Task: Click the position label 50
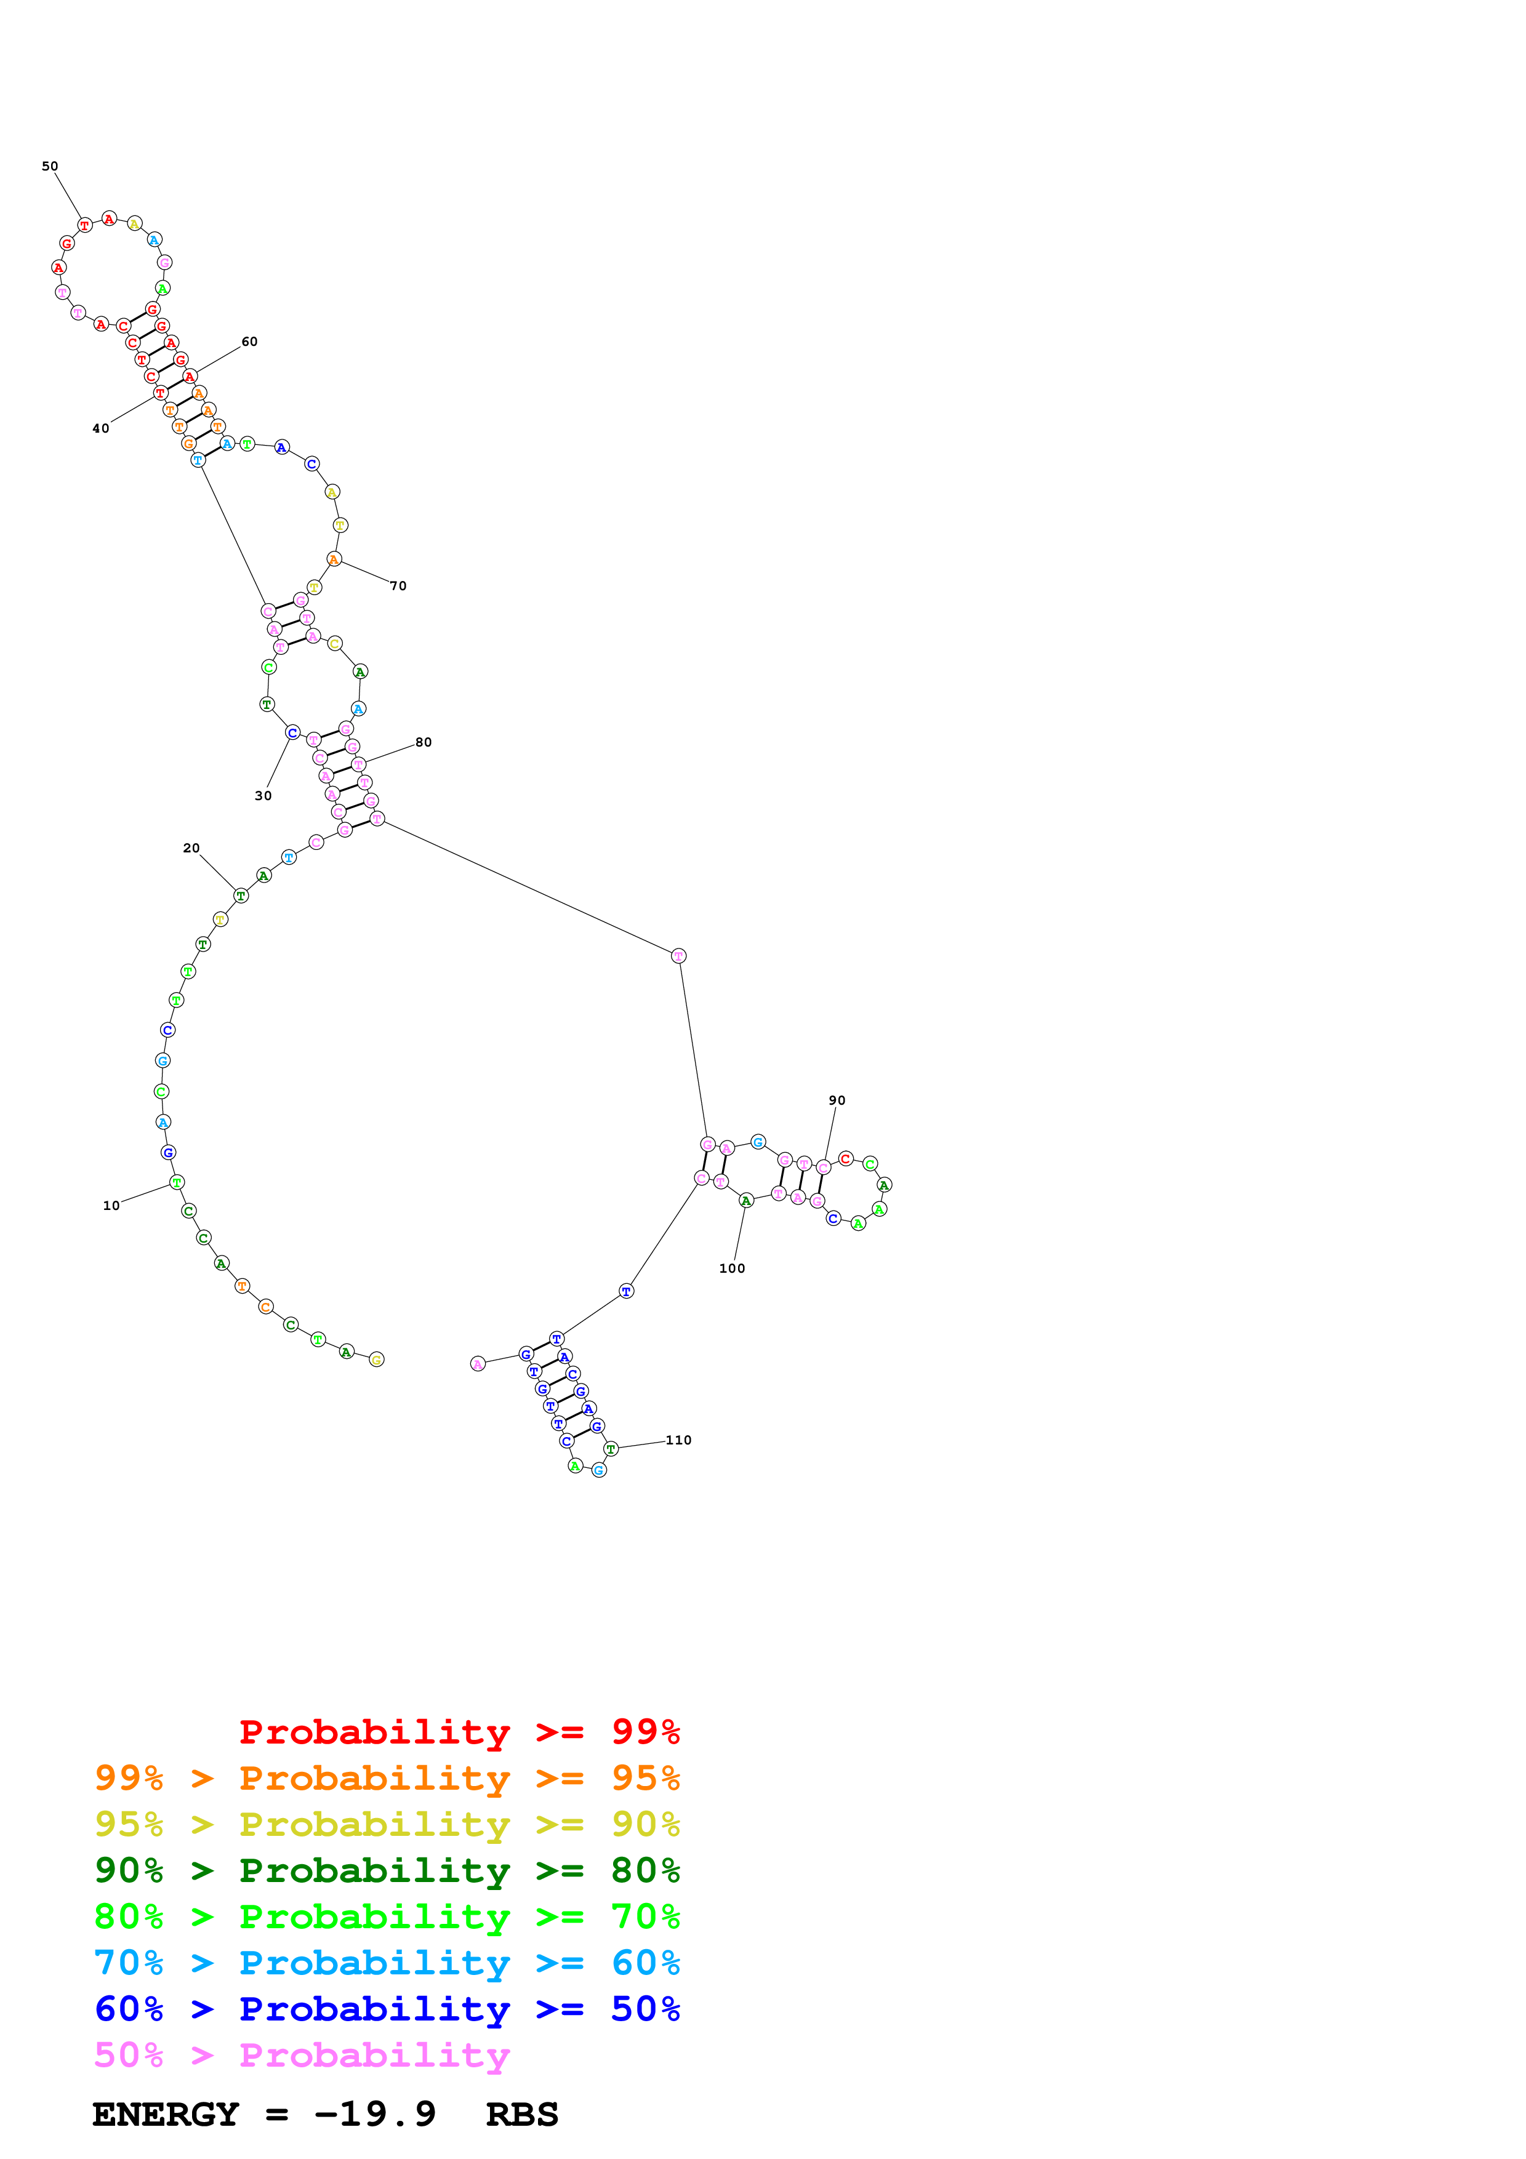(x=50, y=166)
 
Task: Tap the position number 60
(x=249, y=342)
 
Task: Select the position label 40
(x=100, y=429)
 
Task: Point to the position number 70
(x=399, y=586)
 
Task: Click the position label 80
(x=424, y=742)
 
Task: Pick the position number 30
(x=263, y=796)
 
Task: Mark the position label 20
(x=191, y=848)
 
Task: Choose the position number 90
(x=837, y=1100)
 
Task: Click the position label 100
(x=731, y=1268)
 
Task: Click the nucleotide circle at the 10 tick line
(x=177, y=1182)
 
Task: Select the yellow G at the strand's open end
(x=377, y=1359)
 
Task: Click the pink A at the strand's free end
(x=478, y=1363)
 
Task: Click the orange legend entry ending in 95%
(x=387, y=1778)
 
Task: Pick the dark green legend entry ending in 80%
(x=387, y=1870)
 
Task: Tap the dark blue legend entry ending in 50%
(x=387, y=2009)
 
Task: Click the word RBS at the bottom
(x=522, y=2115)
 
